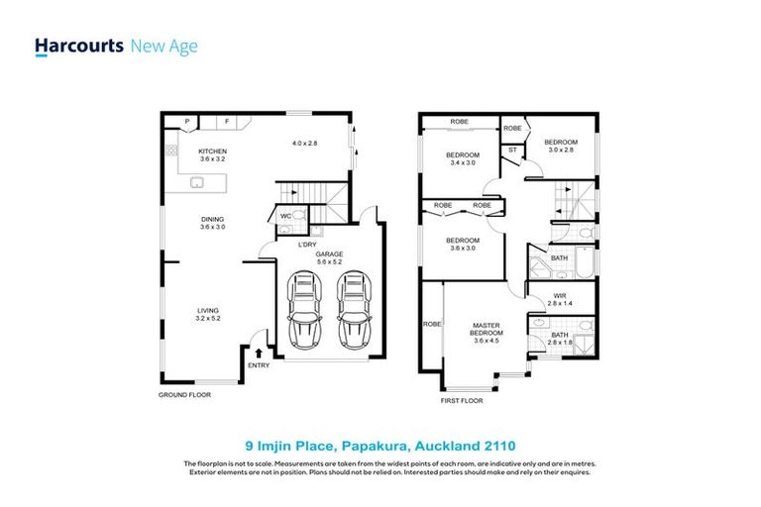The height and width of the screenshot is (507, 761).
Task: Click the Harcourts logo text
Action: point(79,46)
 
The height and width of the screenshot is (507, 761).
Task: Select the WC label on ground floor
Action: point(284,215)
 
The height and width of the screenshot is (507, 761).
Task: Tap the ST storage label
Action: point(512,151)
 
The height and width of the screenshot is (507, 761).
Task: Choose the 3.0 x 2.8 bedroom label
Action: point(561,147)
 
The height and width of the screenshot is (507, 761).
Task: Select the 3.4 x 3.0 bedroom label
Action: point(462,158)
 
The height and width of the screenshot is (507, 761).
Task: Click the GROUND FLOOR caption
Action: point(185,394)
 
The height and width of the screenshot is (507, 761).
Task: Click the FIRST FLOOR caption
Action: point(462,402)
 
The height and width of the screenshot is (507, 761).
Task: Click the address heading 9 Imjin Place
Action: point(380,446)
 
